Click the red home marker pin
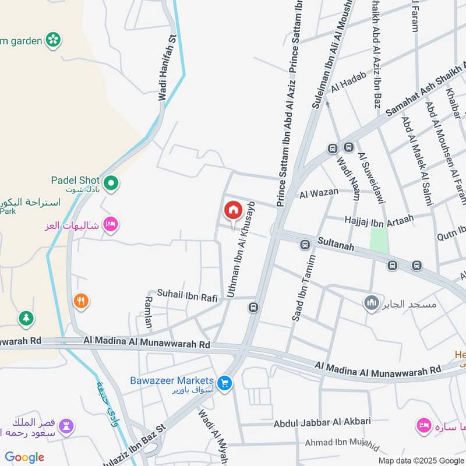(233, 210)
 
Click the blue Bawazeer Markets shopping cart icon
(224, 383)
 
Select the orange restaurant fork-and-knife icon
(81, 301)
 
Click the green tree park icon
(26, 319)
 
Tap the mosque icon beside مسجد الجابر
(371, 303)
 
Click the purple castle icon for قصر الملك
(67, 426)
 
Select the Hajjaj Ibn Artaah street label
(379, 219)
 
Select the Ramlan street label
(149, 311)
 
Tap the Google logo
(24, 457)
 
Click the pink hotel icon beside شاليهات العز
(110, 223)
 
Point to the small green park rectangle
(379, 240)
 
